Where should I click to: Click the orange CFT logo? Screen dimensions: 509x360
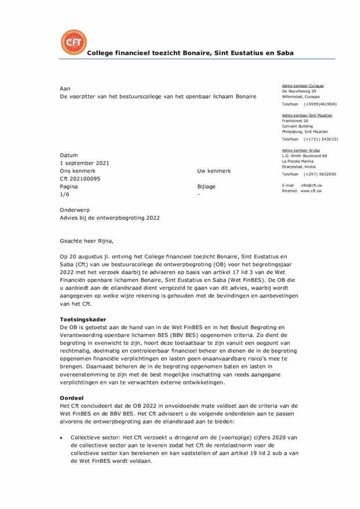pos(73,42)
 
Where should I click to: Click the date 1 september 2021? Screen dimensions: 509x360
pos(85,163)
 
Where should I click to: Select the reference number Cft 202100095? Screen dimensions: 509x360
pos(80,179)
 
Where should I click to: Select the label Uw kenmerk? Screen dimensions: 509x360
pos(214,171)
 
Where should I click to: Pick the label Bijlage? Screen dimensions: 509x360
pos(206,187)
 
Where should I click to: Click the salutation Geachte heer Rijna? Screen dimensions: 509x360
pos(87,242)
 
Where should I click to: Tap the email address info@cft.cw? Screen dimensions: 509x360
pos(311,185)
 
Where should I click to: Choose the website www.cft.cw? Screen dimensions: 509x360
pos(311,191)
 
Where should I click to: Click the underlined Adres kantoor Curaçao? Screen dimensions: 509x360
pos(303,86)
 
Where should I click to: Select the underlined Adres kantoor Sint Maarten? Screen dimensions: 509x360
pos(307,115)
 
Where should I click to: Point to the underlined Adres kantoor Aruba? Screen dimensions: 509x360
pos(301,150)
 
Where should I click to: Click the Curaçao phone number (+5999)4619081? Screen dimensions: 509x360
pos(320,104)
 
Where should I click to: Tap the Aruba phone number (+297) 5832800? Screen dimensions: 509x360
pos(320,174)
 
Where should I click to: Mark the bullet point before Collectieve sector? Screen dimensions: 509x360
pos(61,437)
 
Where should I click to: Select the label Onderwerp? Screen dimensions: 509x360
pos(75,210)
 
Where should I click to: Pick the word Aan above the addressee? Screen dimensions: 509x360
pos(65,88)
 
